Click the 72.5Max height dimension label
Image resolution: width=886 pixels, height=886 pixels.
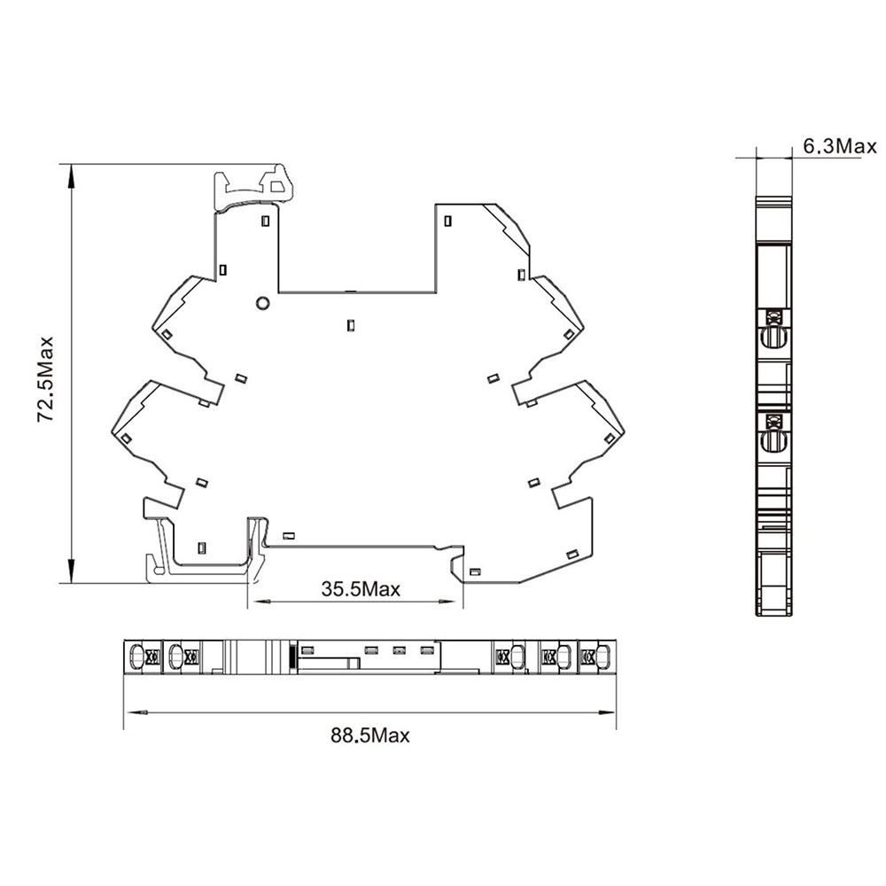point(44,379)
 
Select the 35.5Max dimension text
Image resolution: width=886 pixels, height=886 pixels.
point(361,589)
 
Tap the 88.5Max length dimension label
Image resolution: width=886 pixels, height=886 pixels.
point(370,735)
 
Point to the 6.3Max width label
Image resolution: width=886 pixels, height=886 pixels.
point(840,146)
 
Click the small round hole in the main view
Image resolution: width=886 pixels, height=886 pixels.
point(262,303)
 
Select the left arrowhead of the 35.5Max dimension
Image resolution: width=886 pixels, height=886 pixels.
point(260,602)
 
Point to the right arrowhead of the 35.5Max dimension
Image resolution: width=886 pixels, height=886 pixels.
point(452,602)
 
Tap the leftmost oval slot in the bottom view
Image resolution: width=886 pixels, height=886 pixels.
point(136,657)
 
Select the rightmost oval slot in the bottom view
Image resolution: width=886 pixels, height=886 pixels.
point(604,657)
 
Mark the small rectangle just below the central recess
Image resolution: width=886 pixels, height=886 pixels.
point(351,325)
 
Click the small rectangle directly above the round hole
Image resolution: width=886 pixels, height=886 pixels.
point(265,221)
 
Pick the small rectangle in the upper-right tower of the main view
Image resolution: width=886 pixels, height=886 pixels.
point(448,221)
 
